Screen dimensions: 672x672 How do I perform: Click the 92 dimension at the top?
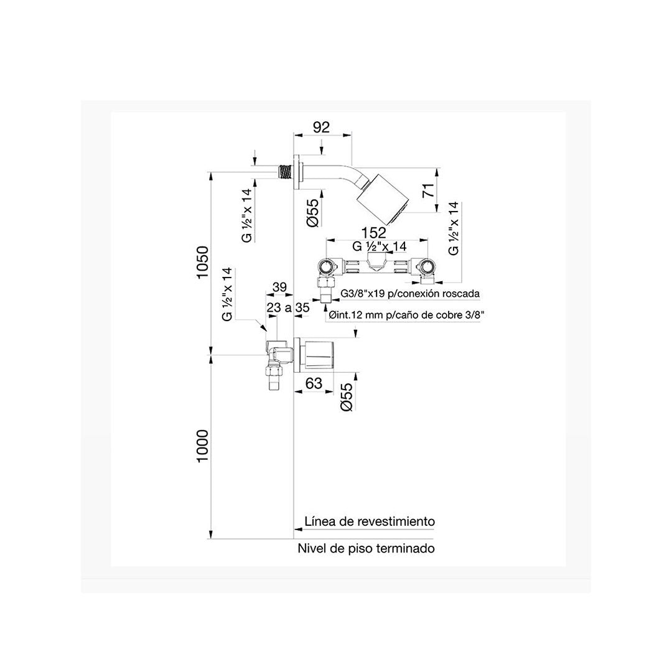point(322,128)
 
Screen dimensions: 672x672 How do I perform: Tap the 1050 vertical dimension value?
point(202,262)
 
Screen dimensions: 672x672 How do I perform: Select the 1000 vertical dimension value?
point(202,446)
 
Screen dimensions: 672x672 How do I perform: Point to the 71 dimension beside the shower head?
point(429,190)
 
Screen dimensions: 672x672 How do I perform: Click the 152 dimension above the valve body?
point(374,232)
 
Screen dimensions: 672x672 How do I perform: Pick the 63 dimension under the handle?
point(314,383)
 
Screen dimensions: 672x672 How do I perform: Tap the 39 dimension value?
point(279,287)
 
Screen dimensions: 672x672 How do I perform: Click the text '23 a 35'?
point(288,307)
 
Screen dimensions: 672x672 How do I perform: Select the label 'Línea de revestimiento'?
point(370,521)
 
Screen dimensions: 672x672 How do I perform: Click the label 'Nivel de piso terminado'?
point(366,548)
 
